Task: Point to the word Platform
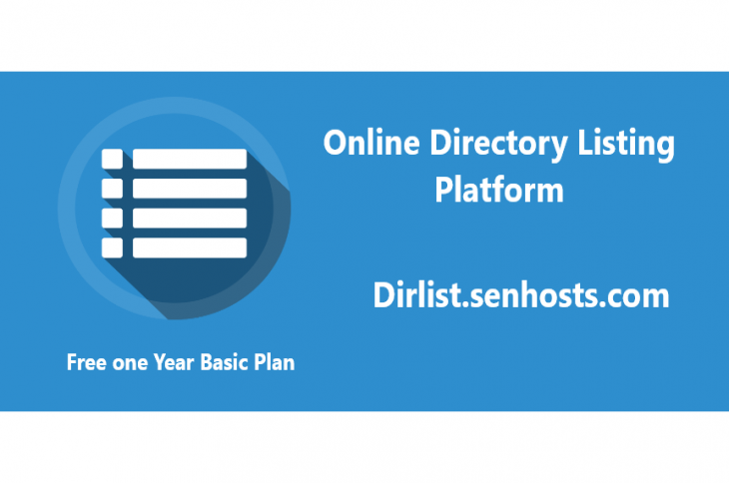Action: [498, 189]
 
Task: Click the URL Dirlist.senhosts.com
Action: [519, 296]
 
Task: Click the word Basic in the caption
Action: [227, 362]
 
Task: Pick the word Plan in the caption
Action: [276, 362]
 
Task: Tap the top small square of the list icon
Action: [112, 159]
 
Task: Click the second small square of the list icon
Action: [112, 188]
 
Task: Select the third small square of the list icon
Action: [112, 218]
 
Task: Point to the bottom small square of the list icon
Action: [112, 246]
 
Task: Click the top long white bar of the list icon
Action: [190, 159]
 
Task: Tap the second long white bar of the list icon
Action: [190, 188]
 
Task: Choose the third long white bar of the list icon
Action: [190, 218]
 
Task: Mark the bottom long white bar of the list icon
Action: [190, 246]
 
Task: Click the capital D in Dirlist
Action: [383, 296]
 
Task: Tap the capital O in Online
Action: [336, 143]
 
